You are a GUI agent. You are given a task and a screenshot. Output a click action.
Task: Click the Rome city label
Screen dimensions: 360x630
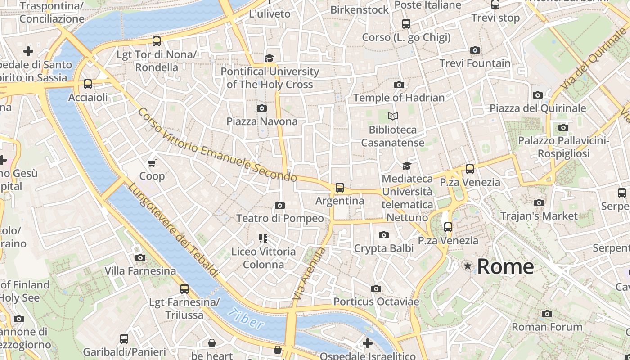(x=505, y=266)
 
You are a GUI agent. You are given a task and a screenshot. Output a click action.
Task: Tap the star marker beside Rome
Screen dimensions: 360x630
(x=468, y=266)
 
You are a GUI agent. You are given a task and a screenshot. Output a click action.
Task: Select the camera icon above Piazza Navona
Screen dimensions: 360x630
(x=261, y=108)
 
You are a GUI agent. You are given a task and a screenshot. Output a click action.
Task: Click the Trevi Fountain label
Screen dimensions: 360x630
(x=475, y=63)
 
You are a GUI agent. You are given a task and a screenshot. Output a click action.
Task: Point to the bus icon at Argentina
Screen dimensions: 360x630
(x=340, y=188)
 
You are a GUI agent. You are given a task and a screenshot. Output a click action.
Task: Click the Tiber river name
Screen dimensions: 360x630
(x=246, y=318)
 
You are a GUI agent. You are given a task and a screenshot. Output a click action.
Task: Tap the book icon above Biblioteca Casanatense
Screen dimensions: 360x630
(x=393, y=117)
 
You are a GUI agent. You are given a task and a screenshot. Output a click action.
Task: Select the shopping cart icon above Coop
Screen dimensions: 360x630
(x=152, y=162)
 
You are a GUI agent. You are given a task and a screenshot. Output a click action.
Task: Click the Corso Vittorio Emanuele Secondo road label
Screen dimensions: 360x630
(x=217, y=145)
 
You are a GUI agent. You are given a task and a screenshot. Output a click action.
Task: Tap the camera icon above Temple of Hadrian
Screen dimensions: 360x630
(x=399, y=85)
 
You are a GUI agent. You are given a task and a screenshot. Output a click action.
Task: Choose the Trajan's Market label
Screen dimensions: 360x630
(x=539, y=216)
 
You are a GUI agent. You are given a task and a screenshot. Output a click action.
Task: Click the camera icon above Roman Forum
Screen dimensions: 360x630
(x=547, y=314)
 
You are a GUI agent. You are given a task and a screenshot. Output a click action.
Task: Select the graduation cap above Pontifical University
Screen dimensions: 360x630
(x=269, y=58)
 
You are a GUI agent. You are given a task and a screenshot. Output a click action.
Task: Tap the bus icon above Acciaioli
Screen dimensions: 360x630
(x=88, y=84)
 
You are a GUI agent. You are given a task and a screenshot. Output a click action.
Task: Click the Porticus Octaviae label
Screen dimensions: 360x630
(x=376, y=301)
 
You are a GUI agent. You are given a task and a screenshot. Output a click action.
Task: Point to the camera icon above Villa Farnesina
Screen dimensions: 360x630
(x=140, y=257)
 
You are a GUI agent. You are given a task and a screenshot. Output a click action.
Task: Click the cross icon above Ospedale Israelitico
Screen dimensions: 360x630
(x=368, y=343)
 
